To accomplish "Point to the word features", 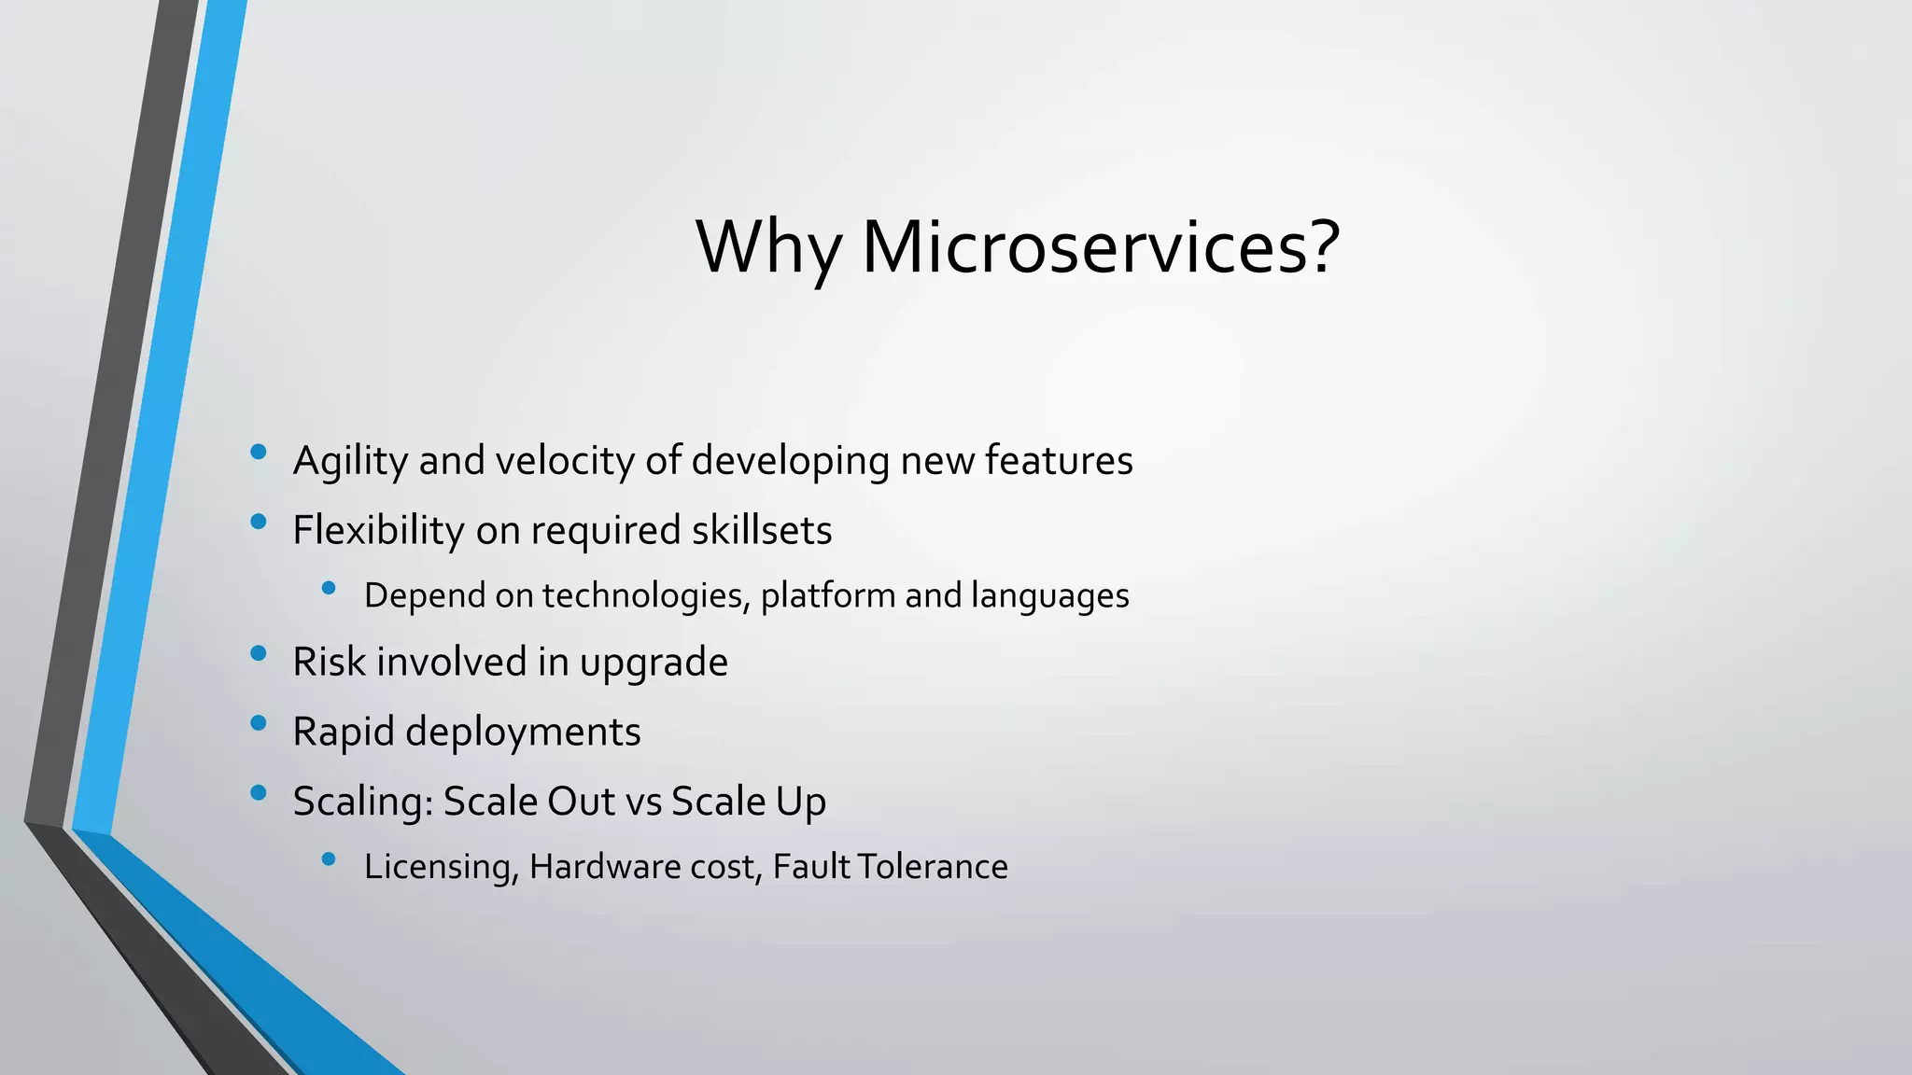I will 1059,460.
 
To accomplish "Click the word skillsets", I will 762,530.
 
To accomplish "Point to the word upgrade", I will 654,663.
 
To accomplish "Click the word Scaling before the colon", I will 361,802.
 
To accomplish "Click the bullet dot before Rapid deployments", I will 259,722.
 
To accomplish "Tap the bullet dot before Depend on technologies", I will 328,588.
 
